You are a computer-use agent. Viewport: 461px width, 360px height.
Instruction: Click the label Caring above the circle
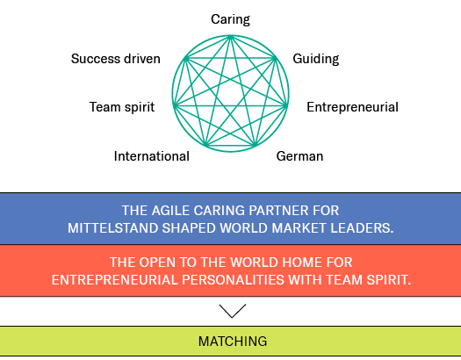coord(230,19)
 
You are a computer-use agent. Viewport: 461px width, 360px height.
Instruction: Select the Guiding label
coord(316,59)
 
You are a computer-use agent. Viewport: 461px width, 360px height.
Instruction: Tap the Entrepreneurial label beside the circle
coord(352,107)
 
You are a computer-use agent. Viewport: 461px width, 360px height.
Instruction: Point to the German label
coord(299,156)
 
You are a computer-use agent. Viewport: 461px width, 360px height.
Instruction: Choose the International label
coord(151,156)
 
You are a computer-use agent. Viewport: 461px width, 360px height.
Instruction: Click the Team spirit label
coord(122,107)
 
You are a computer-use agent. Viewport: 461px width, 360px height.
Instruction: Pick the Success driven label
coord(116,59)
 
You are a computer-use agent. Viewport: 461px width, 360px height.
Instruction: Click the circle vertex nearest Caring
coord(231,36)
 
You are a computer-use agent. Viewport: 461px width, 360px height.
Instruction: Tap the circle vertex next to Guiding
coord(276,58)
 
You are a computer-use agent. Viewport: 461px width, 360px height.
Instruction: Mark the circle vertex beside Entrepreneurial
coord(286,105)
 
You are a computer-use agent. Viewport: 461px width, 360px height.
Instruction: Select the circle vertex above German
coord(256,146)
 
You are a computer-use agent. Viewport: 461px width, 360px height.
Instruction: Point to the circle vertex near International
coord(206,146)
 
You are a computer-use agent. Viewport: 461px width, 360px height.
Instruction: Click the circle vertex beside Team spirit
coord(174,105)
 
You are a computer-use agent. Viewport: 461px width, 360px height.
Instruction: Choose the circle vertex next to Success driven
coord(185,58)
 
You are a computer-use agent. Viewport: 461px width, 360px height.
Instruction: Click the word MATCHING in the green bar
coord(233,342)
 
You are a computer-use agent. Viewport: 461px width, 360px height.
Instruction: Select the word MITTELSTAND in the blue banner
coord(113,228)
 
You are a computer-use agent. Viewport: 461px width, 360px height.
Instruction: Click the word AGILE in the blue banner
coord(170,211)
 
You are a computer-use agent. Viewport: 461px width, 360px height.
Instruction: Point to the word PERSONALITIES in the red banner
coord(234,280)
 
